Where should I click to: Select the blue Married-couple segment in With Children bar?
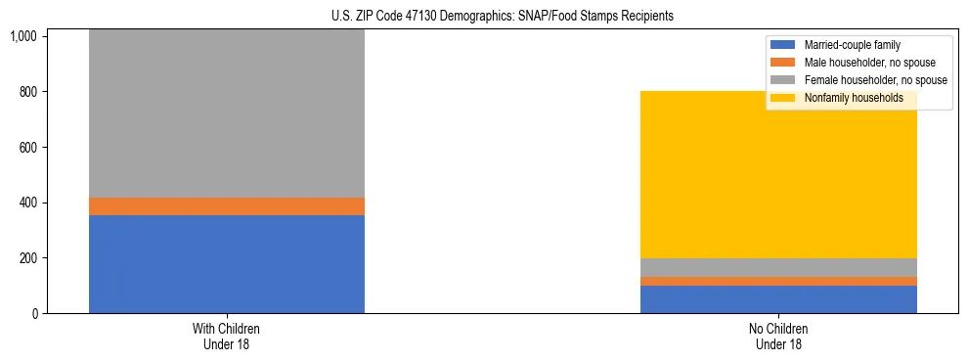click(227, 264)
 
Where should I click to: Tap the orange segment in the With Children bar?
click(227, 206)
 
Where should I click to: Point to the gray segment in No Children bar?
click(778, 267)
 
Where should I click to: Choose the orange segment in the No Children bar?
click(778, 282)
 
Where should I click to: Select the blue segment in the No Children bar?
click(778, 299)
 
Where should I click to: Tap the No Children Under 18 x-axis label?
click(778, 337)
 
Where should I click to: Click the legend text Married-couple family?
click(852, 45)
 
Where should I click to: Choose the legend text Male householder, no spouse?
click(867, 63)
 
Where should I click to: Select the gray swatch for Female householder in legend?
click(783, 80)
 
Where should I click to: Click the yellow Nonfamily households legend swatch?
click(783, 98)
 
